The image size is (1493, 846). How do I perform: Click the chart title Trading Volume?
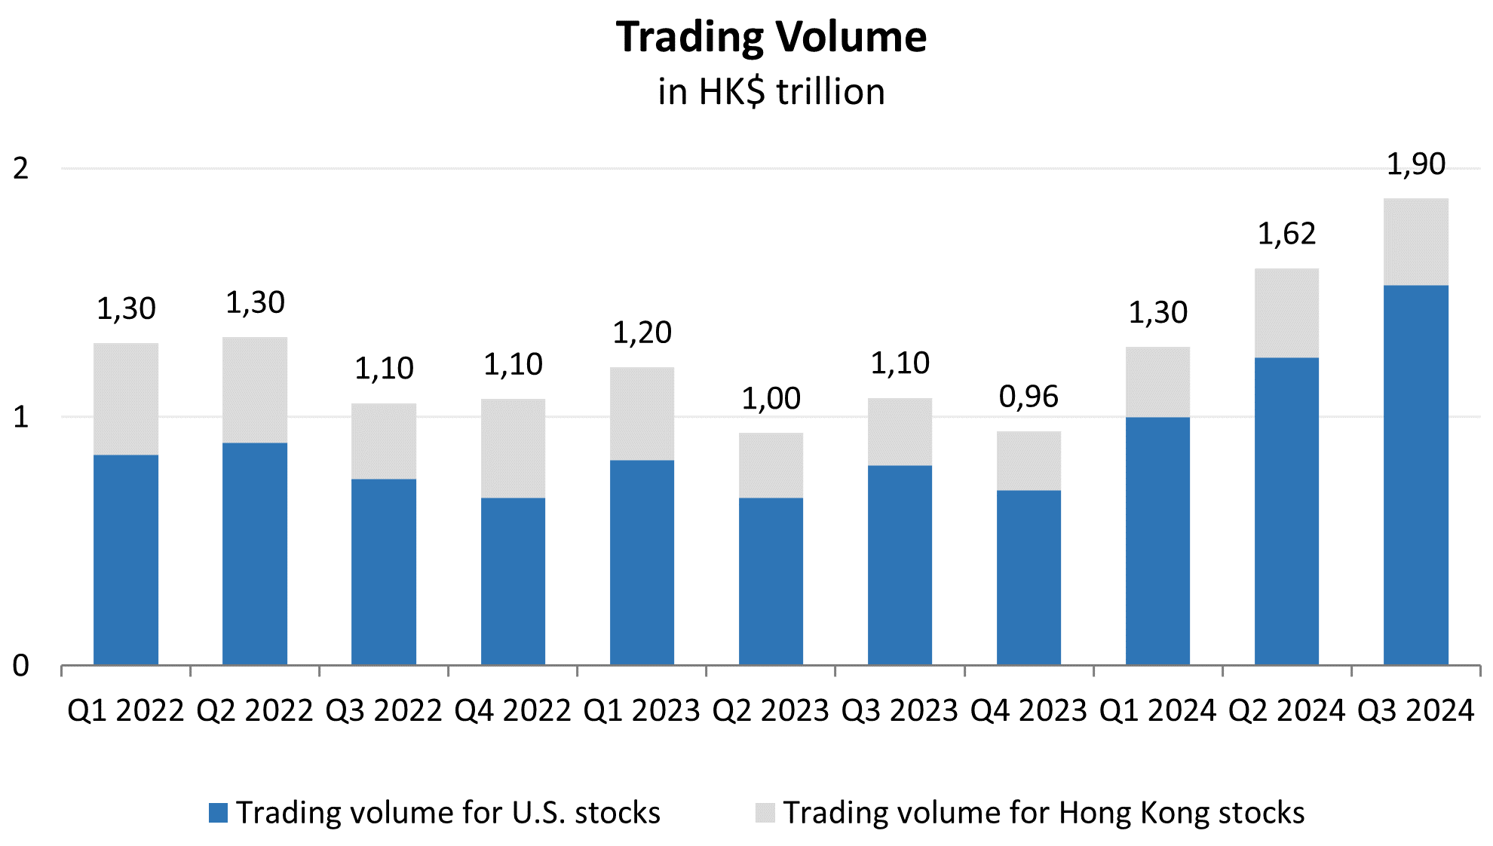point(771,37)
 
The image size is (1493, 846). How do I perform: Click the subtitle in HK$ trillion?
point(771,92)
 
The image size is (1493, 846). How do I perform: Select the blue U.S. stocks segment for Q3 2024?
point(1415,475)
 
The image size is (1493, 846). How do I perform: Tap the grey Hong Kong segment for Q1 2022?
point(126,399)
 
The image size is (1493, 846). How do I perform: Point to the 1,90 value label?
point(1415,164)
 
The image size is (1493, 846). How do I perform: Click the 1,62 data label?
point(1286,234)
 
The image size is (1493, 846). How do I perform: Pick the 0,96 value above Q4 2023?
point(1029,397)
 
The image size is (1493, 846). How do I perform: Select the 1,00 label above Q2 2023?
point(771,398)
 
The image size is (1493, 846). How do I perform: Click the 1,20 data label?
point(642,333)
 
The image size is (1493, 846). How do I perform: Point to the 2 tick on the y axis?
point(21,168)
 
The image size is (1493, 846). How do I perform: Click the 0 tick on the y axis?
point(21,666)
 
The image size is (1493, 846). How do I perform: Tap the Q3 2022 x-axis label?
point(383,711)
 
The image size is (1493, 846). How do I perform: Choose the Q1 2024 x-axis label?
point(1157,711)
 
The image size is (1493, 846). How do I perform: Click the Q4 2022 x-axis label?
point(513,711)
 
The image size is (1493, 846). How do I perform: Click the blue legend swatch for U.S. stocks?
point(218,813)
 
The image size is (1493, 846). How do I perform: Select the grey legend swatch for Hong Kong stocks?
point(765,813)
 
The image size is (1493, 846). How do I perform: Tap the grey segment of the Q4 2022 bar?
point(513,448)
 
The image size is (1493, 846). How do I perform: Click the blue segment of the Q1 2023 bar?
point(642,562)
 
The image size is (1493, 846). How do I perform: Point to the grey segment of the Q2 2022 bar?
point(255,390)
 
